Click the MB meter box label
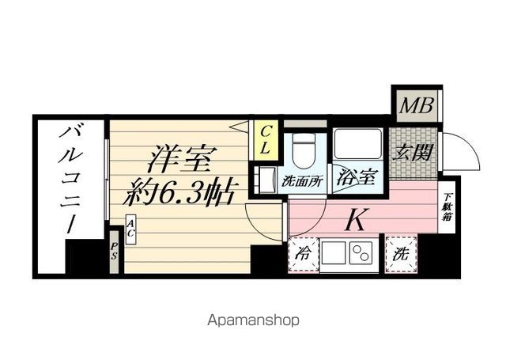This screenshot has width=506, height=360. (416, 105)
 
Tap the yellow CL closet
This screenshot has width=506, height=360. (266, 141)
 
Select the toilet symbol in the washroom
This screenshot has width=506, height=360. (303, 151)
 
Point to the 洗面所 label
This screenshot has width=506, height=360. (302, 182)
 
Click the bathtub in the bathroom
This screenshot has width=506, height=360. (357, 144)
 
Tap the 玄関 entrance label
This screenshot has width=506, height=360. (413, 153)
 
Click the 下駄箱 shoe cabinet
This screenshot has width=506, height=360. (447, 207)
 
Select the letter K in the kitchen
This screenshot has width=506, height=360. (357, 219)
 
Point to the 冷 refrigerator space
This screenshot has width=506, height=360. (303, 254)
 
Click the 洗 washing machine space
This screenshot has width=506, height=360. (401, 254)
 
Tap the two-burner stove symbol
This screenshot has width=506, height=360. (361, 252)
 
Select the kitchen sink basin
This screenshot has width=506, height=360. (334, 252)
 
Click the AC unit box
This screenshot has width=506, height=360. (130, 229)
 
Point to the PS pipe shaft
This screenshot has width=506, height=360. (114, 252)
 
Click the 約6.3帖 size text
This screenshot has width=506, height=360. (181, 194)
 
